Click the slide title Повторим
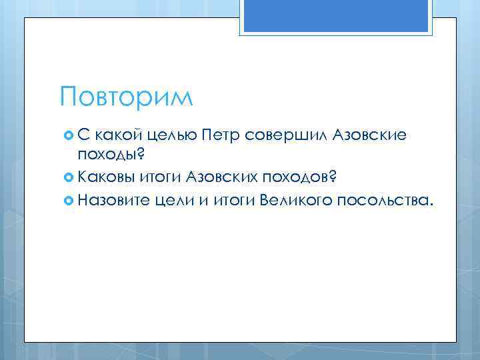pos(125,96)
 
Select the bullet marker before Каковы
pos(66,177)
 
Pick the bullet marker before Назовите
pos(66,198)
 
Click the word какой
pos(117,137)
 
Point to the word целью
pos(171,137)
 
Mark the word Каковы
pos(106,177)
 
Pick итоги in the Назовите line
pos(234,198)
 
